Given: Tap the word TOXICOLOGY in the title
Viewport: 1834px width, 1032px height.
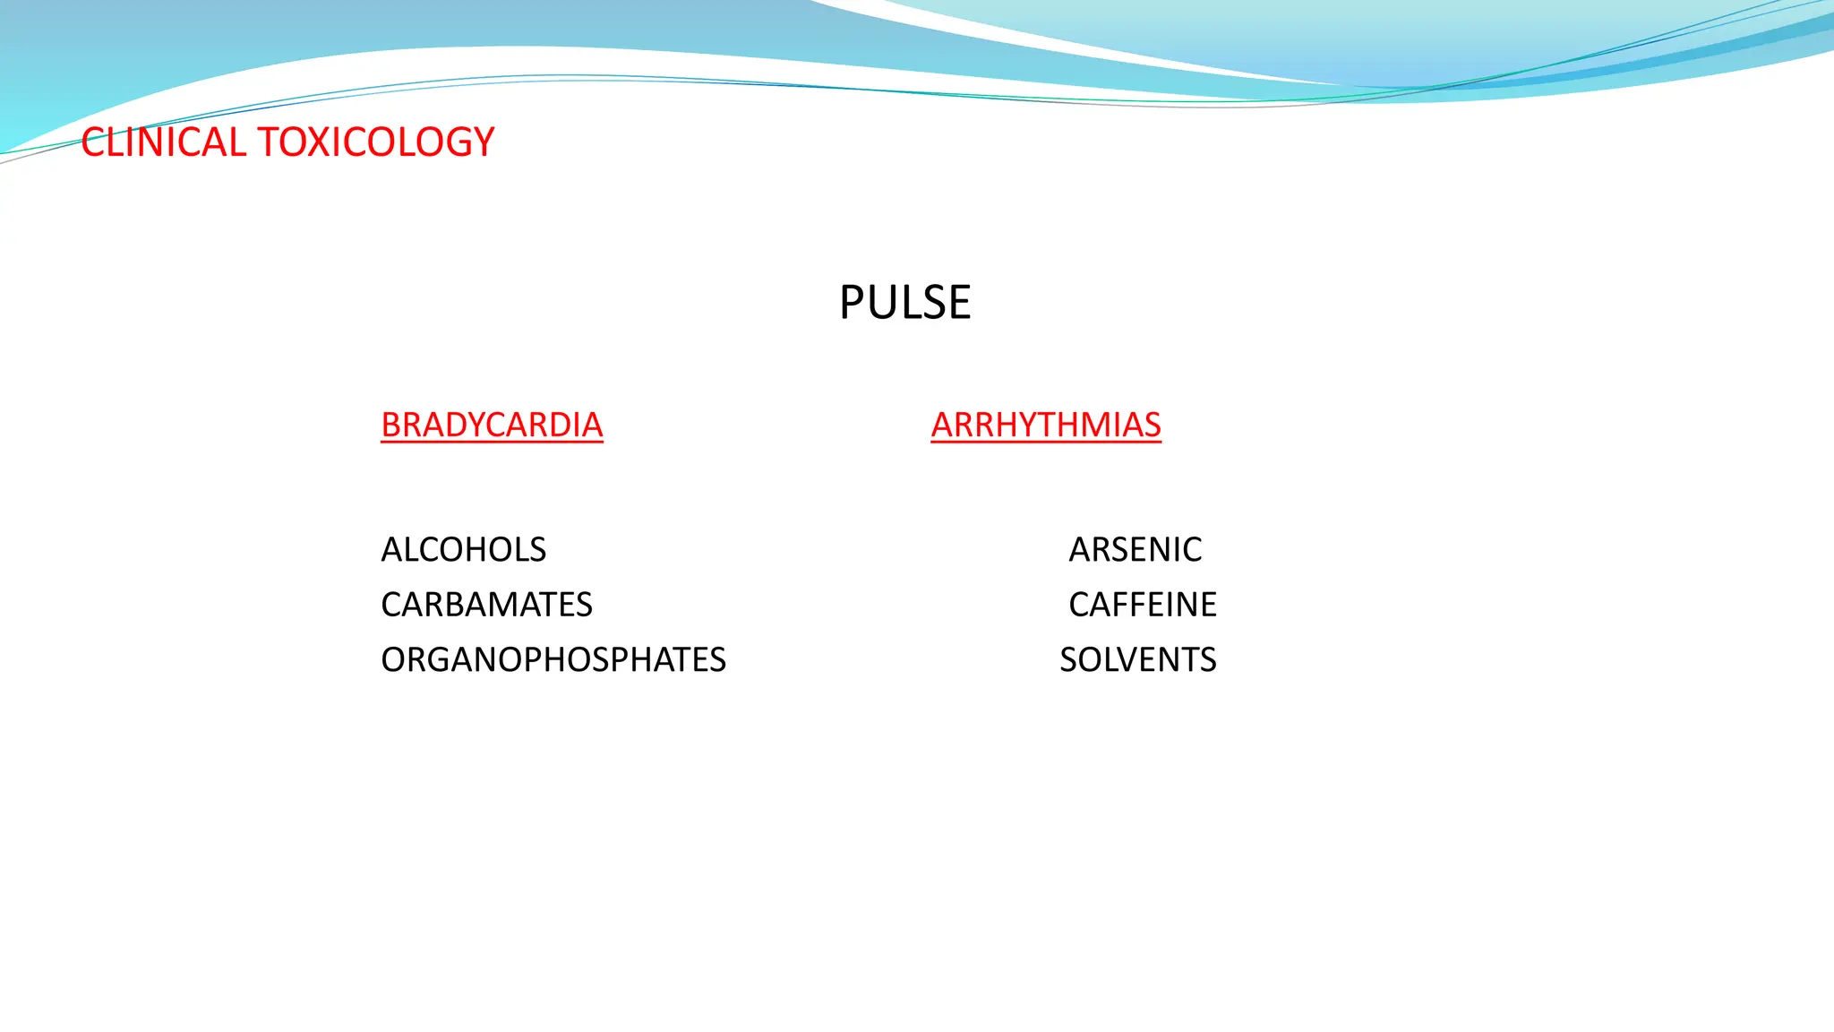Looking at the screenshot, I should pyautogui.click(x=375, y=142).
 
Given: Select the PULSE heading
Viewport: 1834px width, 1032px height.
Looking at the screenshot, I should pyautogui.click(x=904, y=303).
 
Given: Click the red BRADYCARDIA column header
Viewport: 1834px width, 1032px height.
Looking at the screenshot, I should pyautogui.click(x=492, y=425).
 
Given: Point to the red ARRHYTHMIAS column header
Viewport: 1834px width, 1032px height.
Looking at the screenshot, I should pyautogui.click(x=1045, y=425).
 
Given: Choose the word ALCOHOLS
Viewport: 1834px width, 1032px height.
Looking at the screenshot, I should pyautogui.click(x=463, y=549).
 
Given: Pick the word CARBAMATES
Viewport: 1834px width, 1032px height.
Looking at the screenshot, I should pyautogui.click(x=486, y=605).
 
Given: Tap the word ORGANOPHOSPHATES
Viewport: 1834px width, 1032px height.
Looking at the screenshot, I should pyautogui.click(x=553, y=660).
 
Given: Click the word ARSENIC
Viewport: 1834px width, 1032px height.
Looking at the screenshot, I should pyautogui.click(x=1135, y=549).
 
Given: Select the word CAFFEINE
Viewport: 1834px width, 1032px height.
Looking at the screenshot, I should pyautogui.click(x=1142, y=605).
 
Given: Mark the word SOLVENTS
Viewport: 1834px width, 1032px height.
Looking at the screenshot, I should pyautogui.click(x=1137, y=660).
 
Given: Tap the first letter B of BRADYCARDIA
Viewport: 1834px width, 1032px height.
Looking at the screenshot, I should pyautogui.click(x=390, y=425).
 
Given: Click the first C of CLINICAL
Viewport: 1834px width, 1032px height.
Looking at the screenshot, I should pyautogui.click(x=92, y=142).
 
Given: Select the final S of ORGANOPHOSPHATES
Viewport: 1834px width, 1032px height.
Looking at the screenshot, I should pyautogui.click(x=717, y=660).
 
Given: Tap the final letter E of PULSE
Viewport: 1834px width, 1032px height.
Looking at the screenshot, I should pyautogui.click(x=960, y=303).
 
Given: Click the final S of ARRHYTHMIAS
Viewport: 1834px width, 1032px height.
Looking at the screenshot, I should pyautogui.click(x=1153, y=425).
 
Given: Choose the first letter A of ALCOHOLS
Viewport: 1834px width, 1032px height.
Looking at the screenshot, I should pyautogui.click(x=391, y=549).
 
